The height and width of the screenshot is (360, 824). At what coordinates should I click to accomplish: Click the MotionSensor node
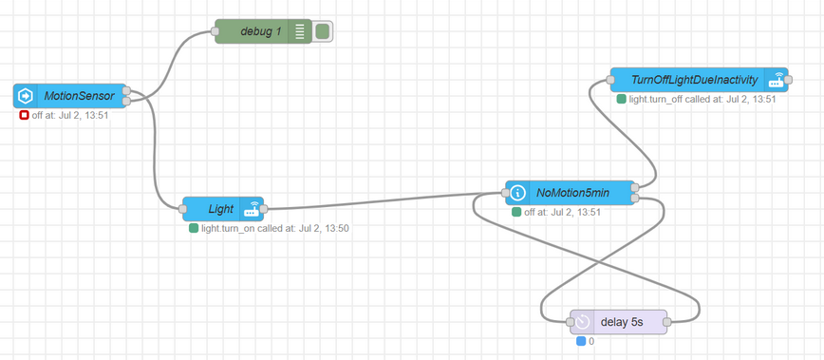[x=70, y=96]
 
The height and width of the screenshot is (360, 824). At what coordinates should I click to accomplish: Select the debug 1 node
[x=264, y=31]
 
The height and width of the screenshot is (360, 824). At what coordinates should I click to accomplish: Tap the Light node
[x=223, y=209]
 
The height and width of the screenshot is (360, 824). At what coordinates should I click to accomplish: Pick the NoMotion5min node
[x=570, y=193]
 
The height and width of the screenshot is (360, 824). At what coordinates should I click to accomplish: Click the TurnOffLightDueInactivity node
[x=699, y=80]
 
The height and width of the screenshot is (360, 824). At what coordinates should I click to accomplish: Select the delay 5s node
[x=619, y=322]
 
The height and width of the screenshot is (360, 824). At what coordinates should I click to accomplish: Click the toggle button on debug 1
[x=322, y=31]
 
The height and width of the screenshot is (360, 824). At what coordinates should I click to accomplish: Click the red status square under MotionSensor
[x=24, y=116]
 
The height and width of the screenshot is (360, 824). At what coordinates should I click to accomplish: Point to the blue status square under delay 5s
[x=581, y=342]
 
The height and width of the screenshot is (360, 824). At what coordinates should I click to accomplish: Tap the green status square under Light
[x=194, y=229]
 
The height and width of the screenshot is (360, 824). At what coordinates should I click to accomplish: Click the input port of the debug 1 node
[x=215, y=31]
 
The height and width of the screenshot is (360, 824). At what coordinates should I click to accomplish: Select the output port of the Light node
[x=264, y=209]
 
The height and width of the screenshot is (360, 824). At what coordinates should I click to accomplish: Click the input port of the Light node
[x=182, y=209]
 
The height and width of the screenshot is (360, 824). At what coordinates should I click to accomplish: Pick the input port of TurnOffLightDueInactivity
[x=610, y=80]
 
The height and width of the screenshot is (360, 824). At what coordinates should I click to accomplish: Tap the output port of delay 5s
[x=667, y=322]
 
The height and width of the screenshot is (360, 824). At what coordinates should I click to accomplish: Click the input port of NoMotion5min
[x=505, y=193]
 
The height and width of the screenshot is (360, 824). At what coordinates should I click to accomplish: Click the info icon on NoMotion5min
[x=518, y=193]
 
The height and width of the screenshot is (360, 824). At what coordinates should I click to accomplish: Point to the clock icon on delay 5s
[x=583, y=322]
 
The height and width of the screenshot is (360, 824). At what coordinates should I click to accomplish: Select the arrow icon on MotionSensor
[x=24, y=96]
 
